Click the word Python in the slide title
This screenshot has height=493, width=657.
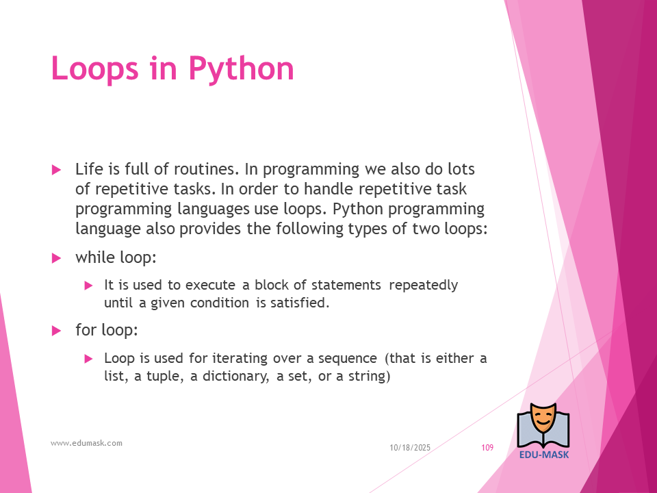click(242, 69)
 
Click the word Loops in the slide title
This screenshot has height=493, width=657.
click(94, 68)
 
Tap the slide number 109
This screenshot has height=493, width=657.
click(487, 448)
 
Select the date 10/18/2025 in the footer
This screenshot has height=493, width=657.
click(410, 448)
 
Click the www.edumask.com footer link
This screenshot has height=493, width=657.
click(86, 443)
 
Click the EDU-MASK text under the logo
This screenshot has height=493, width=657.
click(544, 455)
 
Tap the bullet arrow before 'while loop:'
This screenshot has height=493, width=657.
click(57, 258)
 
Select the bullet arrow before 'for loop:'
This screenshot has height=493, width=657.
click(57, 331)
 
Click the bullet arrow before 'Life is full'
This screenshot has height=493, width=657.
click(57, 170)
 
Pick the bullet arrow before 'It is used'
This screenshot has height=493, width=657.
click(88, 286)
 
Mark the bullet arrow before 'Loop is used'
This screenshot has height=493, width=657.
click(88, 358)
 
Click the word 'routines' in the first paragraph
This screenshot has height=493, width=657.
click(205, 169)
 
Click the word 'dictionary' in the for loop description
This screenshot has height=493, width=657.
click(235, 376)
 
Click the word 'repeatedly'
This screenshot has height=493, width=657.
click(423, 286)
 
